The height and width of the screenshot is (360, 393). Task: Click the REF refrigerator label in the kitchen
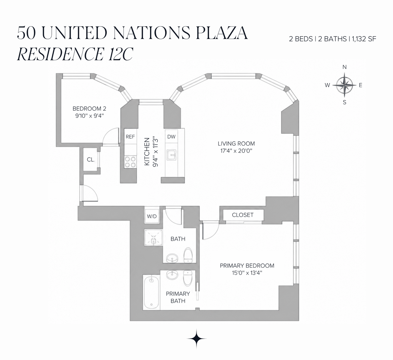pyautogui.click(x=130, y=136)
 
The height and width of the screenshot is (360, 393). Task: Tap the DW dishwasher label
pyautogui.click(x=171, y=136)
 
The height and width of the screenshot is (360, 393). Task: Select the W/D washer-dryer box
pyautogui.click(x=152, y=216)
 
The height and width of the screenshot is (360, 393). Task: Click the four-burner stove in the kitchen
pyautogui.click(x=130, y=162)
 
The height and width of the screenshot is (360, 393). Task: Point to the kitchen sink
pyautogui.click(x=171, y=155)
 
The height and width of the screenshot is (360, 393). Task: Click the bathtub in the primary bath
pyautogui.click(x=151, y=293)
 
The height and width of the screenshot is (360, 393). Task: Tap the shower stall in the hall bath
pyautogui.click(x=154, y=238)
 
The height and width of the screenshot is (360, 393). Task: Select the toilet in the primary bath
pyautogui.click(x=188, y=278)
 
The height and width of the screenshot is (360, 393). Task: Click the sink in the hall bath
pyautogui.click(x=172, y=258)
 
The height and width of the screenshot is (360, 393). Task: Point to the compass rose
pyautogui.click(x=345, y=85)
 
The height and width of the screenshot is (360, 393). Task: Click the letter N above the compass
pyautogui.click(x=345, y=67)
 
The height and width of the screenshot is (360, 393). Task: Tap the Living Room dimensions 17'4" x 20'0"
pyautogui.click(x=236, y=151)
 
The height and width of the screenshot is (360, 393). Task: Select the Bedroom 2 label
pyautogui.click(x=89, y=109)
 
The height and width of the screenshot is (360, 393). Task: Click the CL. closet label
pyautogui.click(x=91, y=160)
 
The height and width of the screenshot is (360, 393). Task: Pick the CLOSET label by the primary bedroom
pyautogui.click(x=243, y=215)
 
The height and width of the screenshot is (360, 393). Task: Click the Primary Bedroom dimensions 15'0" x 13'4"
pyautogui.click(x=247, y=273)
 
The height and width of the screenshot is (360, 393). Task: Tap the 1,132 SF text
pyautogui.click(x=364, y=39)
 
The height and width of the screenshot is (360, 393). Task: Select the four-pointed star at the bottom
pyautogui.click(x=196, y=338)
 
